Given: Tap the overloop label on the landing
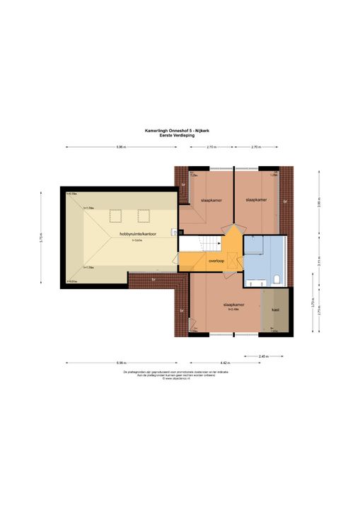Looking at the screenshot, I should (216, 259).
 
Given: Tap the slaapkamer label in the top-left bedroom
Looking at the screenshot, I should (211, 200).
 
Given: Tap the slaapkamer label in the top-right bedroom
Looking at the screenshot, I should (256, 200).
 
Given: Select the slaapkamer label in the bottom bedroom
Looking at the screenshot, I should (226, 303).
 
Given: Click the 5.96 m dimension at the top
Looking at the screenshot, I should (121, 147).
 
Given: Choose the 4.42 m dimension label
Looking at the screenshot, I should (223, 363).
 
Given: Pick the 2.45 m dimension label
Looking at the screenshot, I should (263, 356).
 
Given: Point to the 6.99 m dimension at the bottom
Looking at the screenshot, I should (121, 363).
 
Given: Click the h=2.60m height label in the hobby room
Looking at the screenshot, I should (137, 240).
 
